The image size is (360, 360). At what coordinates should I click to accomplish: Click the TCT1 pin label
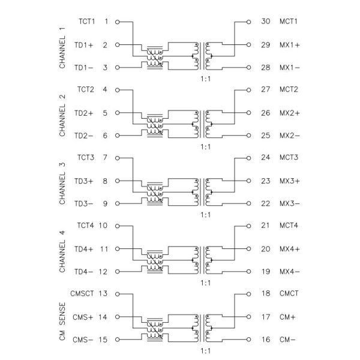click(88, 22)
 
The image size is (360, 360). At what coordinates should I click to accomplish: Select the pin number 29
click(266, 44)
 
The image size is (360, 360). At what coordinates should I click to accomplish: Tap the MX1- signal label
click(290, 67)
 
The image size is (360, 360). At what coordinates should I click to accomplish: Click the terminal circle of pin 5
click(117, 113)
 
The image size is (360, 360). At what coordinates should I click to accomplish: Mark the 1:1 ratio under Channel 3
click(205, 214)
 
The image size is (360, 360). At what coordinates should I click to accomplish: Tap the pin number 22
click(266, 203)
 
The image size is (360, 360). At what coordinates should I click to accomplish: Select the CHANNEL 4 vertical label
click(62, 248)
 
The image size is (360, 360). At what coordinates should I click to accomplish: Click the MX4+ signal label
click(290, 248)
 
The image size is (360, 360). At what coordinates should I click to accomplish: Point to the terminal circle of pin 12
click(117, 271)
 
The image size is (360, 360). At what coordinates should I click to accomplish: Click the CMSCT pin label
click(84, 294)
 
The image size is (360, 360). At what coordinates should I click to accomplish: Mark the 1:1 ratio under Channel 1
click(205, 78)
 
